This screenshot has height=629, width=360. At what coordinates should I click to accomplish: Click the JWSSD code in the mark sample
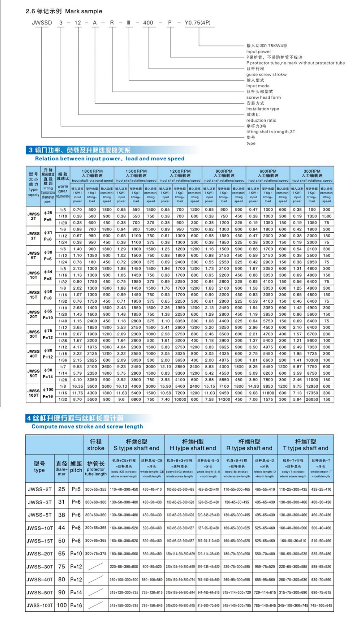[42, 23]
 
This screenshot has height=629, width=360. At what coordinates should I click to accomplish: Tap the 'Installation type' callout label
[263, 109]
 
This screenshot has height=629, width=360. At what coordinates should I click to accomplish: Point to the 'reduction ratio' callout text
[261, 120]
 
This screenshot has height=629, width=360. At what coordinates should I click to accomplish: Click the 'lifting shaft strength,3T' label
[270, 132]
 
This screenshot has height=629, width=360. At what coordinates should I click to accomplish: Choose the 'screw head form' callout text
[263, 97]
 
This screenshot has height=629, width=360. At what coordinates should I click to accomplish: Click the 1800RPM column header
[92, 171]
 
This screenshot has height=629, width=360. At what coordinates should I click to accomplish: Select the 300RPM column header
[312, 171]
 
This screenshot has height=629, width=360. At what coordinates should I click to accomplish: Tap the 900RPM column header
[224, 171]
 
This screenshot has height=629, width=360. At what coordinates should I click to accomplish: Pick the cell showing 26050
[312, 399]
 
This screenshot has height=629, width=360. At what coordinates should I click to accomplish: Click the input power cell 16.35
[77, 386]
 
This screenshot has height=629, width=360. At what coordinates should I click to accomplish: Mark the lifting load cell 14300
[224, 399]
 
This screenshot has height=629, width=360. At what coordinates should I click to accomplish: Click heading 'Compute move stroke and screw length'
[87, 426]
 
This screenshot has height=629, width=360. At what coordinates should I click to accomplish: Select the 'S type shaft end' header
[136, 448]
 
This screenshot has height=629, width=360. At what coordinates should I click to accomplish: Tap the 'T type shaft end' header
[305, 448]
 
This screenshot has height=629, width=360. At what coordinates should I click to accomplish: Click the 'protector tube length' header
[96, 469]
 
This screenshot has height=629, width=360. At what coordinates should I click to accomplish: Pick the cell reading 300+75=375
[96, 554]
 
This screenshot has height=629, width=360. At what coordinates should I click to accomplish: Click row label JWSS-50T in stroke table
[39, 592]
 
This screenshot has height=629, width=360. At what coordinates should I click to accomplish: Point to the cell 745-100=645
[321, 605]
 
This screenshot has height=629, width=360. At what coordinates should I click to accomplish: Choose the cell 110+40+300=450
[124, 489]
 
